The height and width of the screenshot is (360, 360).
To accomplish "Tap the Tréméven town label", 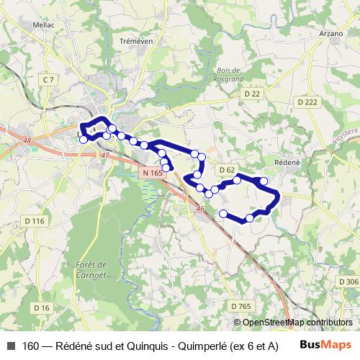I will click(134, 42).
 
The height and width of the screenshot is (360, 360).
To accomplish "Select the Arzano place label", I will click(328, 33).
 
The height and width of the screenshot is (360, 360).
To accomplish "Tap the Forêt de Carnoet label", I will click(91, 269).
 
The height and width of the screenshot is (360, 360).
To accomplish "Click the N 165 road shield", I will click(151, 173).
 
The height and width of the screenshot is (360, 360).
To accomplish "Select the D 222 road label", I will click(307, 103).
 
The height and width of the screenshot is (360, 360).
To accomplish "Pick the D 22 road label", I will click(251, 94).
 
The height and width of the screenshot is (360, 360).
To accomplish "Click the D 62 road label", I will click(227, 170).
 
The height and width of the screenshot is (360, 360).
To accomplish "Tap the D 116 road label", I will click(35, 220).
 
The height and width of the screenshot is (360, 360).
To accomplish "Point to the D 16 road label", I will click(41, 308).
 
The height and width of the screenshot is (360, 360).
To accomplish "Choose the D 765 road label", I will click(243, 307).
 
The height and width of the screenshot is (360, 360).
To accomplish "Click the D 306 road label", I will click(348, 282).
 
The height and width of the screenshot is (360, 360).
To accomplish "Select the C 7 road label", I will click(49, 78).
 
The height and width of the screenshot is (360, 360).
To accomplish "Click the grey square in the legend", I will click(11, 346).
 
